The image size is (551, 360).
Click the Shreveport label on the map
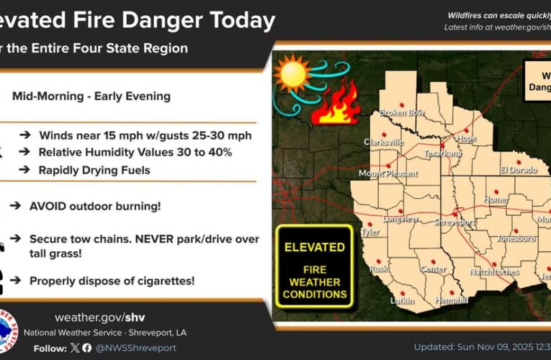454,222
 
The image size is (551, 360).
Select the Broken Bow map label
400,113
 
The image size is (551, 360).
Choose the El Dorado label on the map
519,170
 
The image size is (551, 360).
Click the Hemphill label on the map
452,300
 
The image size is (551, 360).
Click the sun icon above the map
294,74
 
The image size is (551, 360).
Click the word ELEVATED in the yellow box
314,246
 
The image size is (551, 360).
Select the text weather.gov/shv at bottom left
100,318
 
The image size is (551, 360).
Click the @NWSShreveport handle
137,348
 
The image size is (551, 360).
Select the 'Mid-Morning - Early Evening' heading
91,95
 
